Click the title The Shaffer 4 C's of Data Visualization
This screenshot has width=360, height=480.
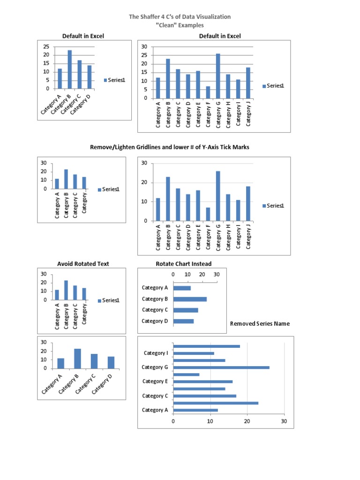180,16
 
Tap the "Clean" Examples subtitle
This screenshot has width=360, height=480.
180,25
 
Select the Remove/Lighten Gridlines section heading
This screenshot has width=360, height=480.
169,147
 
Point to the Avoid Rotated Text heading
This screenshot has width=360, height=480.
83,264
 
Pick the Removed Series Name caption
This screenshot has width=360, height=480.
260,323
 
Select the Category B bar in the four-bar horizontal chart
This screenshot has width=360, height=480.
190,299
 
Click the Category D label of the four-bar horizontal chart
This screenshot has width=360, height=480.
155,321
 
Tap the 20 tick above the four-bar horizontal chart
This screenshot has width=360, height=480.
202,274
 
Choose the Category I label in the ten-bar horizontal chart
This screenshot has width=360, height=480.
156,353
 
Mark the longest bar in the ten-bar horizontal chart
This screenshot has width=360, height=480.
221,367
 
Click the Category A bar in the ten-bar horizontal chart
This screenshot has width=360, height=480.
195,410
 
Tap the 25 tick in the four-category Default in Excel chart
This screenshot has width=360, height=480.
46,46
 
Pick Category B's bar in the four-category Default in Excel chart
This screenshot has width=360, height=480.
70,69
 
